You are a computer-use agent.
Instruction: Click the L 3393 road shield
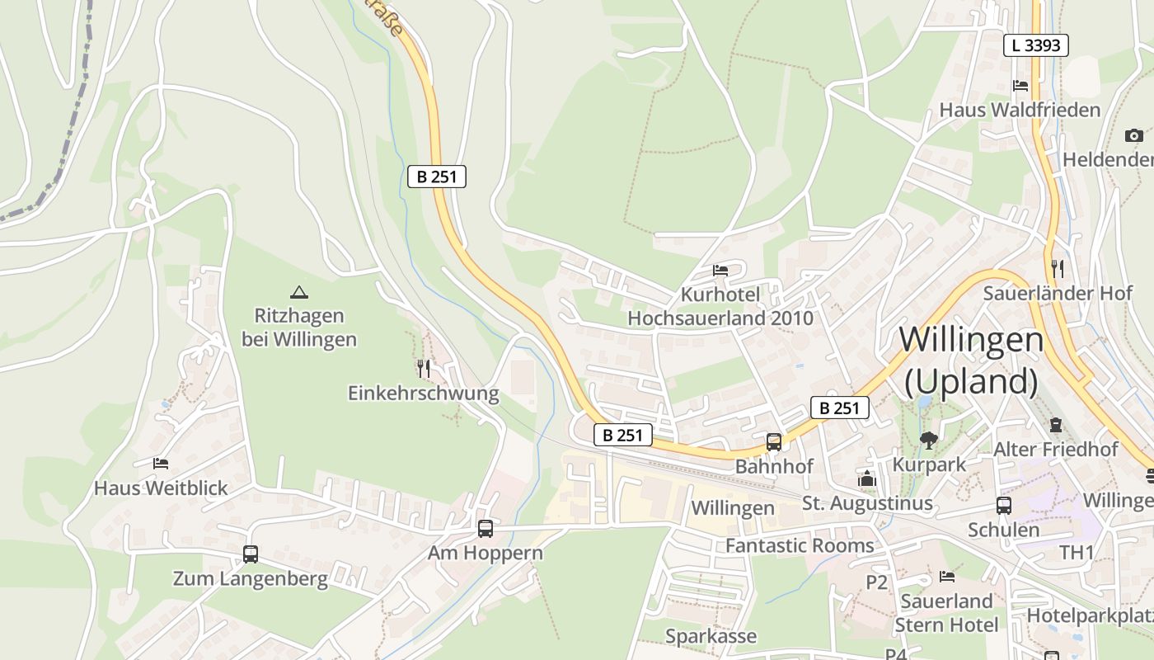pyautogui.click(x=1035, y=45)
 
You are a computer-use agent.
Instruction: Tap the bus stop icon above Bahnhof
pyautogui.click(x=773, y=442)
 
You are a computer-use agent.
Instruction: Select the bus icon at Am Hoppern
pyautogui.click(x=486, y=529)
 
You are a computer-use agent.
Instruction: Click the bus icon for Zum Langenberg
pyautogui.click(x=251, y=554)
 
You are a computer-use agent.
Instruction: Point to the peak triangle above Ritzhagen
pyautogui.click(x=298, y=292)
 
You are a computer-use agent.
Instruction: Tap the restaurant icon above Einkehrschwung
pyautogui.click(x=424, y=368)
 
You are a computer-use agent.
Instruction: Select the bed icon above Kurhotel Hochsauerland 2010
pyautogui.click(x=720, y=271)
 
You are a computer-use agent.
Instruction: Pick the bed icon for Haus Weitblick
pyautogui.click(x=161, y=464)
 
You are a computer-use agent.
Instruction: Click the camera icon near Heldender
pyautogui.click(x=1134, y=135)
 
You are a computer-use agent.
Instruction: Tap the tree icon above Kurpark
pyautogui.click(x=929, y=441)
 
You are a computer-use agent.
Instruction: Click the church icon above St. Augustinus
pyautogui.click(x=866, y=478)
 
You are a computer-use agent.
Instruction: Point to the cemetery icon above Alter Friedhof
pyautogui.click(x=1056, y=425)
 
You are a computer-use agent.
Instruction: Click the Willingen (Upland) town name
pyautogui.click(x=971, y=360)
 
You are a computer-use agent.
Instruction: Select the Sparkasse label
pyautogui.click(x=711, y=636)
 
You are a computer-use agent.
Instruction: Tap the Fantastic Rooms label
pyautogui.click(x=799, y=545)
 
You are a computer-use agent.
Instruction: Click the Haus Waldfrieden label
pyautogui.click(x=1020, y=110)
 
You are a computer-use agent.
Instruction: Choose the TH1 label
pyautogui.click(x=1077, y=552)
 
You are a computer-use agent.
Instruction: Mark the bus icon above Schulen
pyautogui.click(x=1003, y=506)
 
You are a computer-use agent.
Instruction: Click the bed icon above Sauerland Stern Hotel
pyautogui.click(x=947, y=577)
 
